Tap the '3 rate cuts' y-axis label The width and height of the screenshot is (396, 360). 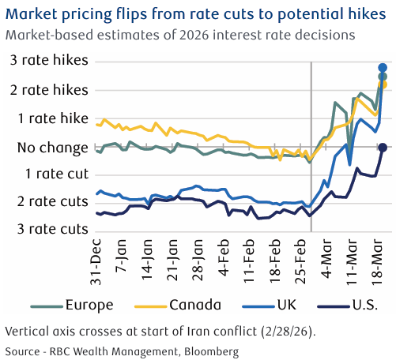click(48, 229)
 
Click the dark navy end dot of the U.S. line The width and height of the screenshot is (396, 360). click(383, 148)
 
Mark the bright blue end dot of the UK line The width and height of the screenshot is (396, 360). click(383, 67)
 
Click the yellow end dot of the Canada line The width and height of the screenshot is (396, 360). click(383, 84)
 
